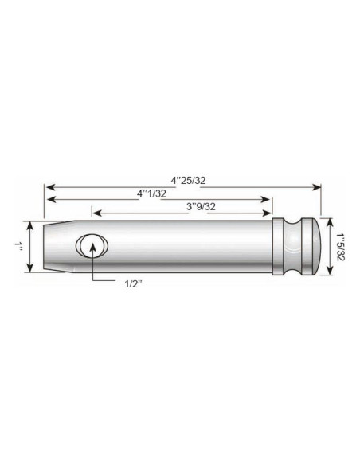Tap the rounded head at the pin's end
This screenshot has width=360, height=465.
tap(313, 246)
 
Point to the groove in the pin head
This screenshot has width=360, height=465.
tap(301, 246)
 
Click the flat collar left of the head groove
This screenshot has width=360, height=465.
tap(282, 246)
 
